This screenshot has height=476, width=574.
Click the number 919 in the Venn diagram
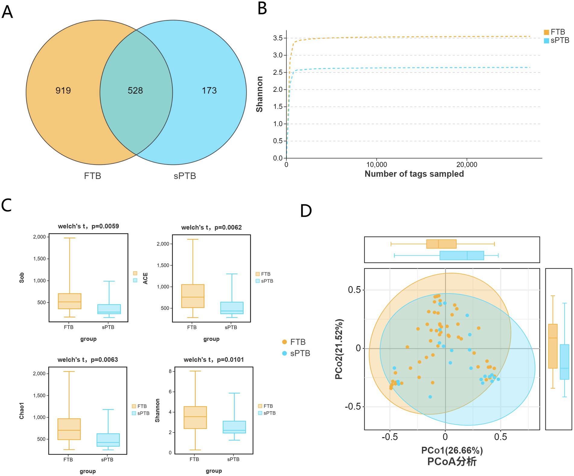pos(63,90)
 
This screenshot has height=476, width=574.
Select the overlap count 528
pos(135,90)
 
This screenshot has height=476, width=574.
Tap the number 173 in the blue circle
pos(209,90)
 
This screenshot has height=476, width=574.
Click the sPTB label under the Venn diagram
pos(185,176)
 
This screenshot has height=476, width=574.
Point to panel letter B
pos(262,8)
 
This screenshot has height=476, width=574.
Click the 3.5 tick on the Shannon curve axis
pos(278,38)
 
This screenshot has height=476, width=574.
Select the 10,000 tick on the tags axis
pos(376,165)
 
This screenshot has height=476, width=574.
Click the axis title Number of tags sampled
pos(414,174)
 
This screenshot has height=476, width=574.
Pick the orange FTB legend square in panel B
pos(546,32)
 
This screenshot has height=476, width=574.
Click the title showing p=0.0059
pos(88,226)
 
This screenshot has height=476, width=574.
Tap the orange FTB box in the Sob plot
pos(69,301)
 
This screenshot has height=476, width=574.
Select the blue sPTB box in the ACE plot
pos(232,308)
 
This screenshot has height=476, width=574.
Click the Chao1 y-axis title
pos(22,411)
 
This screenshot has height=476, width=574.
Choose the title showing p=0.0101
pos(214,360)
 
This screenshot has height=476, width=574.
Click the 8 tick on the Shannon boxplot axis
pos(170,371)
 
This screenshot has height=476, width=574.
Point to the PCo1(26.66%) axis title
pos(452,450)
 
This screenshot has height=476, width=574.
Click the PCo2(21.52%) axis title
pos(339,349)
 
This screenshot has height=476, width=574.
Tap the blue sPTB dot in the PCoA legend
pos(284,353)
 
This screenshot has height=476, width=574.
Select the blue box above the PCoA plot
pos(461,255)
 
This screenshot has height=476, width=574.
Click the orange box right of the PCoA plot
pos(553,346)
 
